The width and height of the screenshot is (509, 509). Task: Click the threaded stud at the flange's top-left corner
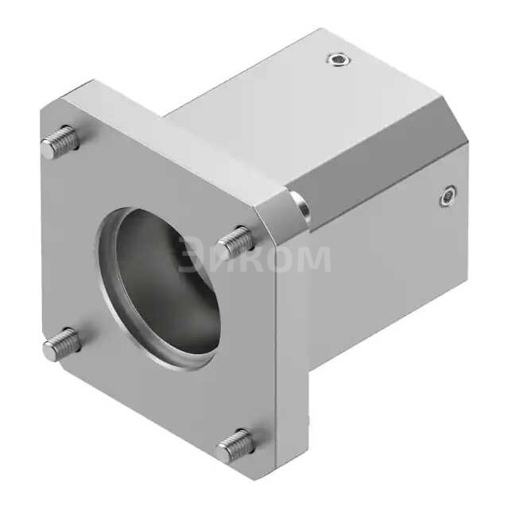pos(60,142)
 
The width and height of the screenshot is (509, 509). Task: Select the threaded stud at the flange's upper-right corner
pos(236,241)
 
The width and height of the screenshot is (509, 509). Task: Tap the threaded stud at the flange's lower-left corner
pos(62,344)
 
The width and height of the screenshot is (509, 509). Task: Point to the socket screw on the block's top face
pos(339,59)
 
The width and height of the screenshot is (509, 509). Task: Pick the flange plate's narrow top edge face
pos(175,135)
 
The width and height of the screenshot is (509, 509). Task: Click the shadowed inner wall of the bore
pos(143,262)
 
